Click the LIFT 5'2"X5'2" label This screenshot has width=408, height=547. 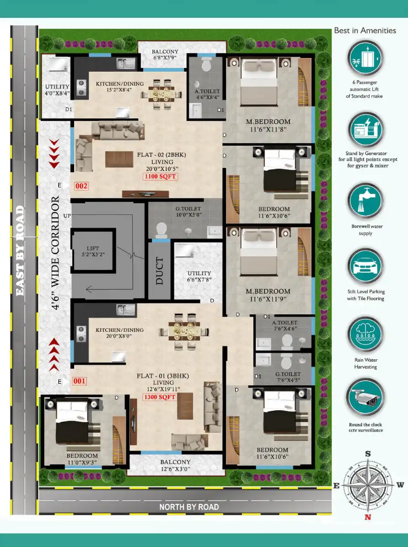pyautogui.click(x=93, y=251)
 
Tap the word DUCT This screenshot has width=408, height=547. pyautogui.click(x=159, y=271)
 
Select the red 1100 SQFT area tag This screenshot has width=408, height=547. pyautogui.click(x=160, y=176)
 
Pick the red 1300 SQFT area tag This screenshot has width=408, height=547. pyautogui.click(x=159, y=397)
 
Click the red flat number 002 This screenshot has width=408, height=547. pyautogui.click(x=81, y=186)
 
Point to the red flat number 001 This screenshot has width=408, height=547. pyautogui.click(x=79, y=381)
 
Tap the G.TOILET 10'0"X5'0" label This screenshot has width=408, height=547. pyautogui.click(x=188, y=212)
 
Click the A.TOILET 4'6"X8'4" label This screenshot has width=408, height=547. pyautogui.click(x=207, y=94)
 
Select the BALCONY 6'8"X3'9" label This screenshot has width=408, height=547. pyautogui.click(x=165, y=55)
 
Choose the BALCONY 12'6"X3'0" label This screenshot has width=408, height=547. pyautogui.click(x=175, y=465)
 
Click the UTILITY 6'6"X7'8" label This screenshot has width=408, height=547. pyautogui.click(x=199, y=276)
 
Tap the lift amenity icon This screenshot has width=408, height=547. pyautogui.click(x=365, y=58)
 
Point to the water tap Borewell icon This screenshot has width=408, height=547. pyautogui.click(x=365, y=201)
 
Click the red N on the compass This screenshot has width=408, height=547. pyautogui.click(x=367, y=517)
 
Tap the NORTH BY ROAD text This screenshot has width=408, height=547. pyautogui.click(x=189, y=507)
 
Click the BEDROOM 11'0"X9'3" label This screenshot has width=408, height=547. pyautogui.click(x=82, y=459)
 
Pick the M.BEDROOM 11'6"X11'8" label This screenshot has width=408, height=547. pyautogui.click(x=268, y=125)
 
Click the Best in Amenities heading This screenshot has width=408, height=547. pyautogui.click(x=365, y=31)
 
